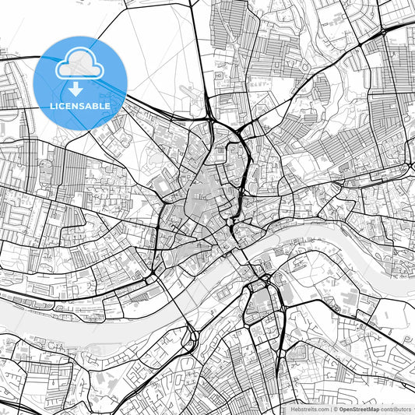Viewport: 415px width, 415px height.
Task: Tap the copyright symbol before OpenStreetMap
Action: (x=336, y=409)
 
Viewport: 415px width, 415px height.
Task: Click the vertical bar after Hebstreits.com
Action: (x=330, y=409)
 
